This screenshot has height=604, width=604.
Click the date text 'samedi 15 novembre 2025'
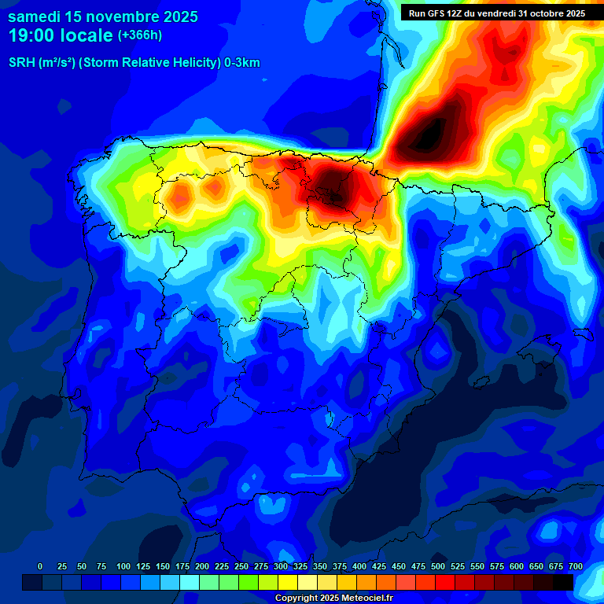click(x=103, y=17)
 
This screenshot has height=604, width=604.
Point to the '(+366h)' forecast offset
click(x=139, y=35)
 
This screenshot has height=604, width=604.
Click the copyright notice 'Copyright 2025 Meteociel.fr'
click(x=334, y=598)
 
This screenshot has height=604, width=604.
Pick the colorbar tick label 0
click(x=40, y=566)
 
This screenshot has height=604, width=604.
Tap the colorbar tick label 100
click(x=123, y=566)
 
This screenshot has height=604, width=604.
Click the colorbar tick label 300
click(x=281, y=566)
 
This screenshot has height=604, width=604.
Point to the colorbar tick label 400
click(x=359, y=566)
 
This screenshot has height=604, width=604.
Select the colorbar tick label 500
click(x=438, y=566)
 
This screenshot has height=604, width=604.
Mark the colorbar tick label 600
click(x=517, y=566)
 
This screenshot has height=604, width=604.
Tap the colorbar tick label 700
click(x=575, y=566)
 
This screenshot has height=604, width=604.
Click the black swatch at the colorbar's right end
click(x=563, y=582)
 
